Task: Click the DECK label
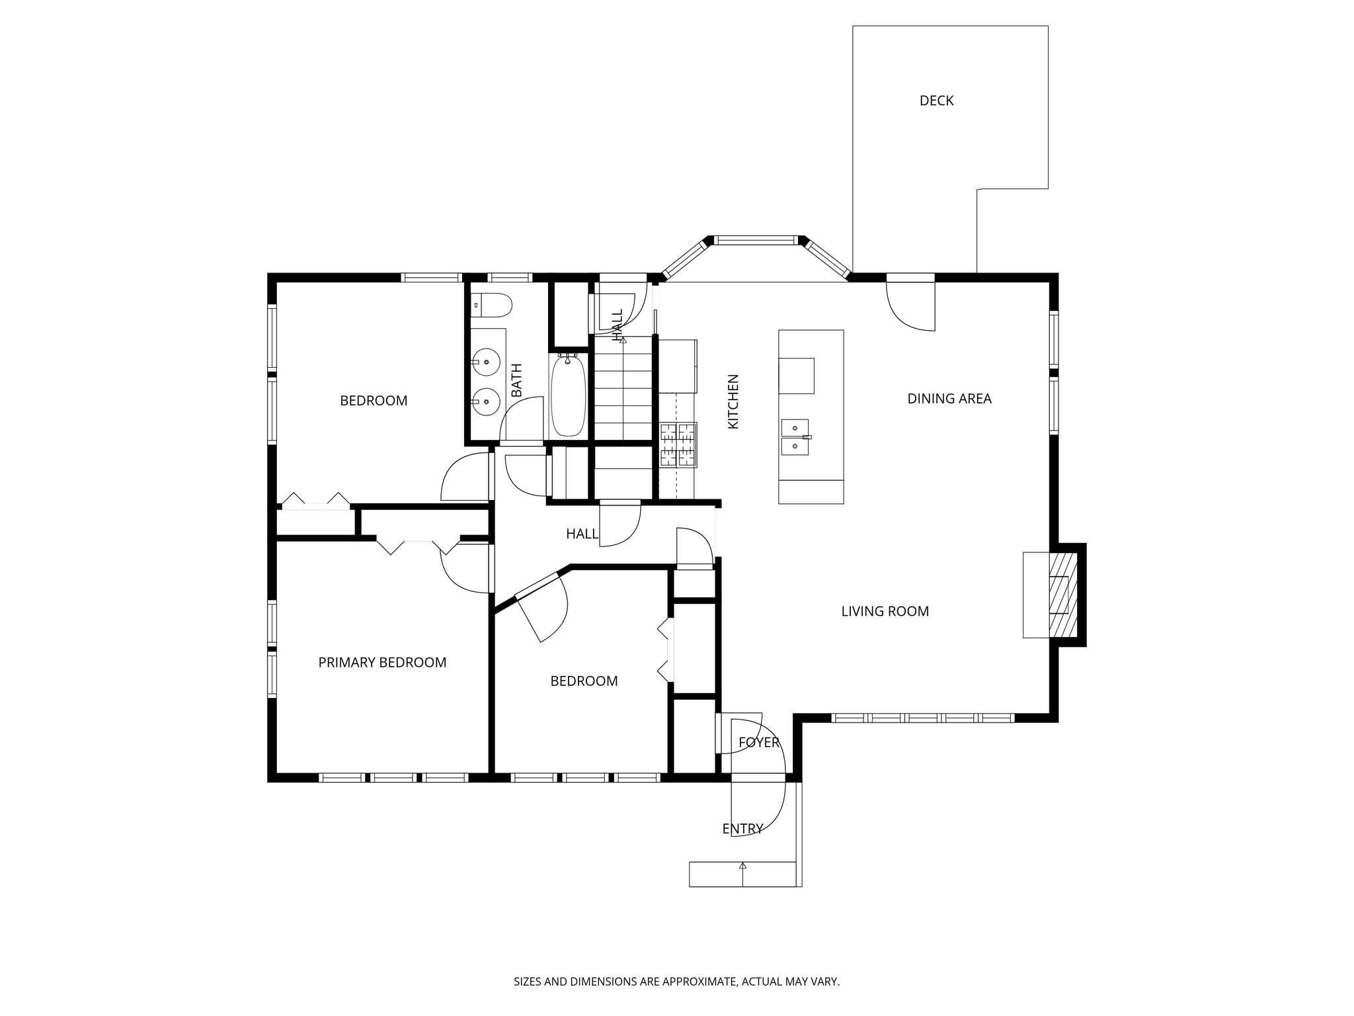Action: point(936,101)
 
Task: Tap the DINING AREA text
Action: point(949,398)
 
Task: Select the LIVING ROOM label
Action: point(885,611)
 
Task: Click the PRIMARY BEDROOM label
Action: point(382,662)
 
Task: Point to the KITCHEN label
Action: point(733,402)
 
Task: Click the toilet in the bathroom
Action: point(493,305)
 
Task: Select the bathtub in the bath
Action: point(568,396)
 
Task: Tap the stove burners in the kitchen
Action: point(678,444)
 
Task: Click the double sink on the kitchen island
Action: point(795,437)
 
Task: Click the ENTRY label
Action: point(742,829)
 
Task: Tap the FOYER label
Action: point(759,742)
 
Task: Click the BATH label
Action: point(516,380)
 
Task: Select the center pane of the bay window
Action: point(756,241)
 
